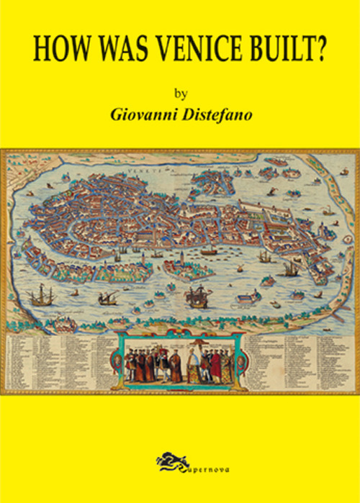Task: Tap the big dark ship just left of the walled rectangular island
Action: point(196,296)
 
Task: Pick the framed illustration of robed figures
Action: point(180,361)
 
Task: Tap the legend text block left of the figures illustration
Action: point(61,360)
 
